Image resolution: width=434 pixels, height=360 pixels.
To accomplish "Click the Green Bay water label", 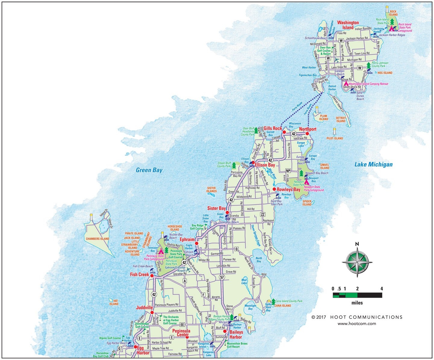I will click(149, 170).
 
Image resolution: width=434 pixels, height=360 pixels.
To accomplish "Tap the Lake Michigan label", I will click(373, 164).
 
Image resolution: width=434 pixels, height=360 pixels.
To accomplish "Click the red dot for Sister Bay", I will click(227, 212).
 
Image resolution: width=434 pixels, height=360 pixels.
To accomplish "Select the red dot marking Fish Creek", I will click(152, 276).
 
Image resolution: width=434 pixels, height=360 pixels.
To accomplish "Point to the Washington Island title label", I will click(348, 25).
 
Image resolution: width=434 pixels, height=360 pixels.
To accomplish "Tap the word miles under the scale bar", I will click(357, 303).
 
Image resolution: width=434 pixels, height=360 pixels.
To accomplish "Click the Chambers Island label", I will click(97, 239).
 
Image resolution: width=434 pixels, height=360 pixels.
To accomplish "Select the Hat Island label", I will click(114, 302).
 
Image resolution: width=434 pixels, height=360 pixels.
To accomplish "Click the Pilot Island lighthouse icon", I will click(334, 131).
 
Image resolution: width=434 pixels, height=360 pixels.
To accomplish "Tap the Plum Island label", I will click(323, 117).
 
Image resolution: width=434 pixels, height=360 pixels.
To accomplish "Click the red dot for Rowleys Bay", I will click(274, 189).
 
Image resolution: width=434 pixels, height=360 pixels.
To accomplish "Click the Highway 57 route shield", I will click(222, 277).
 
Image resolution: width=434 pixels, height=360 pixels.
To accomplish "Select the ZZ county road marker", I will click(263, 214).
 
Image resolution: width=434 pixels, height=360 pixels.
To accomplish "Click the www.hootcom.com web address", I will click(357, 324).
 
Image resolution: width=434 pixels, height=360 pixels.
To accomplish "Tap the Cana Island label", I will click(282, 306).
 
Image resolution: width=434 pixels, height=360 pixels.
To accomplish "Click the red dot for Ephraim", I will click(196, 243).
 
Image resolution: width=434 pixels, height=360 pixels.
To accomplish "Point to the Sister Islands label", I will click(212, 189).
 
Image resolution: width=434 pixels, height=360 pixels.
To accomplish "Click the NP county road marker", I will click(288, 171).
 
